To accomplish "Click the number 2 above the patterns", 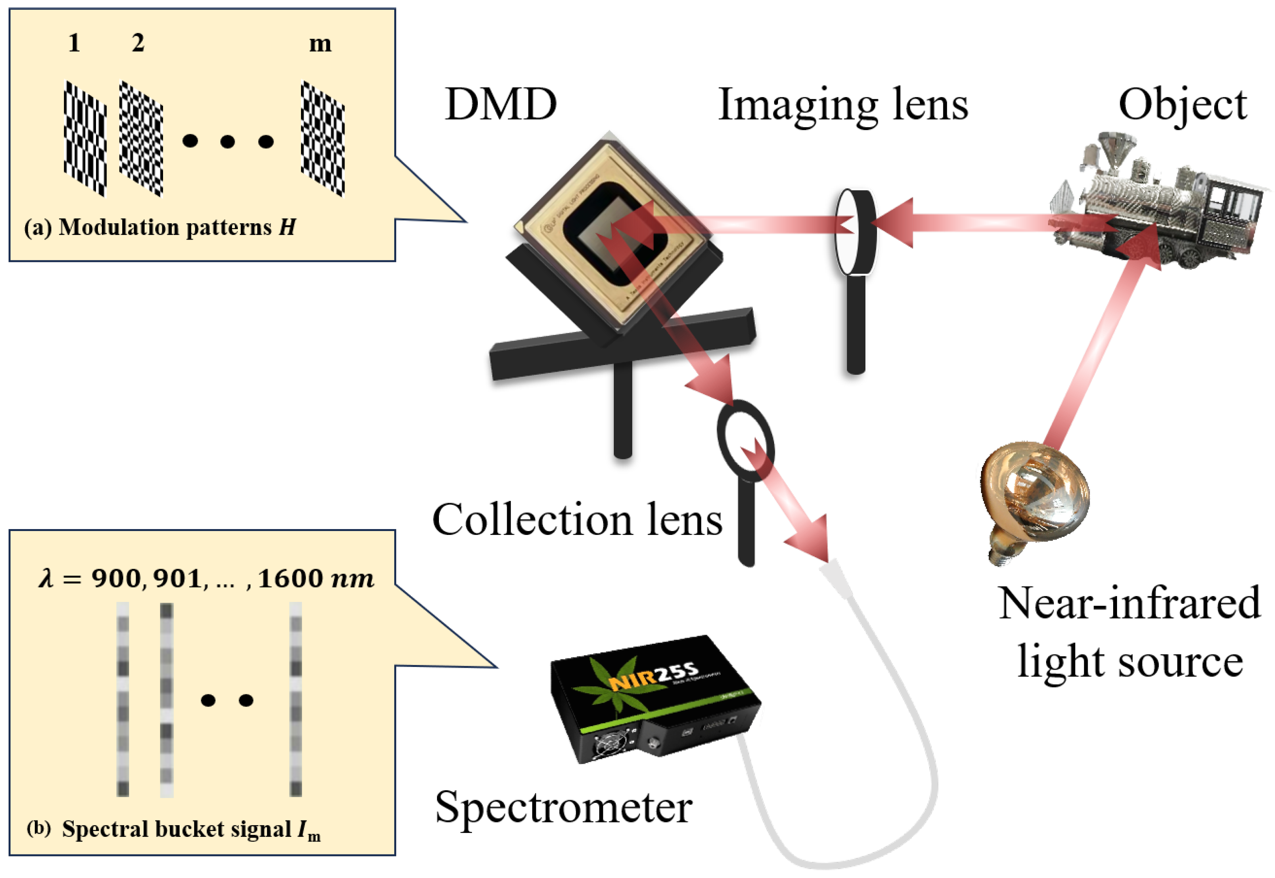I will coord(138,43).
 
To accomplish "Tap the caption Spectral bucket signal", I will coord(176,829).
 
